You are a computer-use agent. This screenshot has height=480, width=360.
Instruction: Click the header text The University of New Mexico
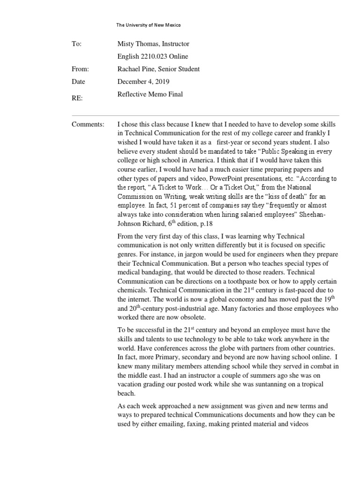tap(148, 25)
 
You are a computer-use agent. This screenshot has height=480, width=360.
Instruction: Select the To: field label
tap(77, 44)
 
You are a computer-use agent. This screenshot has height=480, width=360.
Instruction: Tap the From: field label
tap(80, 69)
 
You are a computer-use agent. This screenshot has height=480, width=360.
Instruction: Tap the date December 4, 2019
tap(143, 82)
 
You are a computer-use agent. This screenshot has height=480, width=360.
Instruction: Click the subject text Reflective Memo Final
tap(150, 94)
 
